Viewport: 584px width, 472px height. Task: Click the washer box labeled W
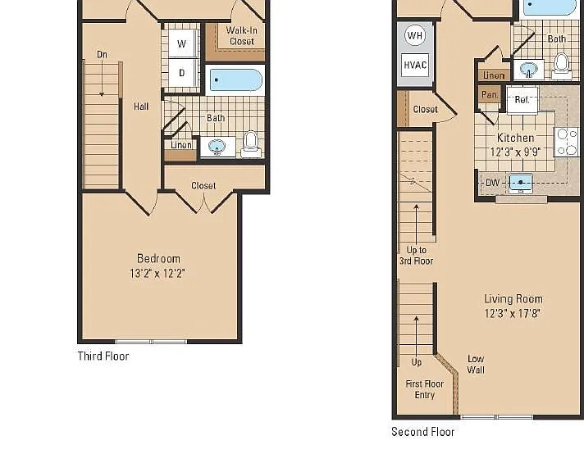182,43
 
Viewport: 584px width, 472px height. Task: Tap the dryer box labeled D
182,73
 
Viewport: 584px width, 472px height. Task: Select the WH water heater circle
415,35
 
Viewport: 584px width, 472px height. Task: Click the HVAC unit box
415,65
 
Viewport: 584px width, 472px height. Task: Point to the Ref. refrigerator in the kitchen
522,100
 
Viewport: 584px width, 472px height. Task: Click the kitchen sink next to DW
521,183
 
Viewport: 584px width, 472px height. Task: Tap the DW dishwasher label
492,183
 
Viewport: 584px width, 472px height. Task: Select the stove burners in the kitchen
566,142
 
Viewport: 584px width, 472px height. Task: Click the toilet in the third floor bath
251,144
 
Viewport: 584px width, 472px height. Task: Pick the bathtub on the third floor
236,80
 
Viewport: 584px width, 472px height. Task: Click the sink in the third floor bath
217,147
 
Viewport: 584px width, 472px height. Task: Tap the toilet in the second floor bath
562,66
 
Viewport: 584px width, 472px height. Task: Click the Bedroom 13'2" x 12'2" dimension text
157,274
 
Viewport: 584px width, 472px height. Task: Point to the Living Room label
513,299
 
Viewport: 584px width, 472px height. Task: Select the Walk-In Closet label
242,36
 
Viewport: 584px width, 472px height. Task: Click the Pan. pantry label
490,94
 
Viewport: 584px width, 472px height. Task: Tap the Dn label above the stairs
102,55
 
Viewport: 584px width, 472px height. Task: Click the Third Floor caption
103,356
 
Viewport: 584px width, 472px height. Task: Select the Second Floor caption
422,432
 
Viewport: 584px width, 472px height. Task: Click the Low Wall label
476,365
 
